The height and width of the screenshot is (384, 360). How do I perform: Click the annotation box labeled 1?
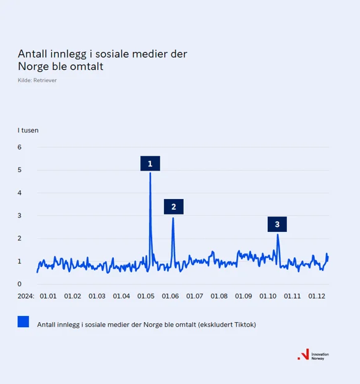click(150, 163)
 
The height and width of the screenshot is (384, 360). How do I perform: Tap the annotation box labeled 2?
click(174, 207)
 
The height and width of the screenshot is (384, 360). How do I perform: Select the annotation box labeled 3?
click(277, 224)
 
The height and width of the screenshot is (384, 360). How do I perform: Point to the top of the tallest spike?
click(150, 173)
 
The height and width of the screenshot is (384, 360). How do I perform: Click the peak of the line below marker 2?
click(173, 218)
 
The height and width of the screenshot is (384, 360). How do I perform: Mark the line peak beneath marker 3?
click(278, 234)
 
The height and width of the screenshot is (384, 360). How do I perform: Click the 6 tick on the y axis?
click(20, 147)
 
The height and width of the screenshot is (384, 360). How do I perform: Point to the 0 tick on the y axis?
click(20, 284)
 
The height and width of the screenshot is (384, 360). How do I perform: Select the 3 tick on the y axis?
click(20, 215)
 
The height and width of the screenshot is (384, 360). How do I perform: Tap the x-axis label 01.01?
click(48, 296)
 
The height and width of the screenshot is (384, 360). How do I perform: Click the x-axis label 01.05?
click(146, 296)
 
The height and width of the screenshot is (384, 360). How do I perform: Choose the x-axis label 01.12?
click(317, 296)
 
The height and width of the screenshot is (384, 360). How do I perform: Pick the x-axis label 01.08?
click(219, 296)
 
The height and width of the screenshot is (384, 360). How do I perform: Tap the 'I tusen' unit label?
click(28, 130)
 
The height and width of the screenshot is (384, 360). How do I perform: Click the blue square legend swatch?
click(24, 322)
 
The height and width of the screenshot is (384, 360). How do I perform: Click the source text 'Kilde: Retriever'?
click(37, 80)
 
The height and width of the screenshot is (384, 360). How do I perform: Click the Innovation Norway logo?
click(313, 356)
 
